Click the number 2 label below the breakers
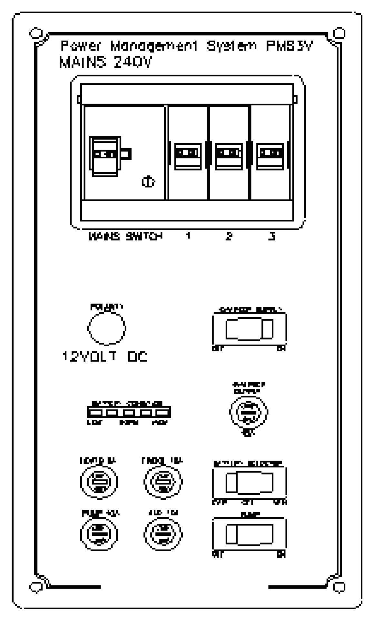click(229, 236)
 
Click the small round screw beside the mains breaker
click(148, 182)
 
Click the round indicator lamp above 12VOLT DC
click(106, 328)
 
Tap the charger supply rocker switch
click(249, 329)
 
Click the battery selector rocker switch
click(249, 482)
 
